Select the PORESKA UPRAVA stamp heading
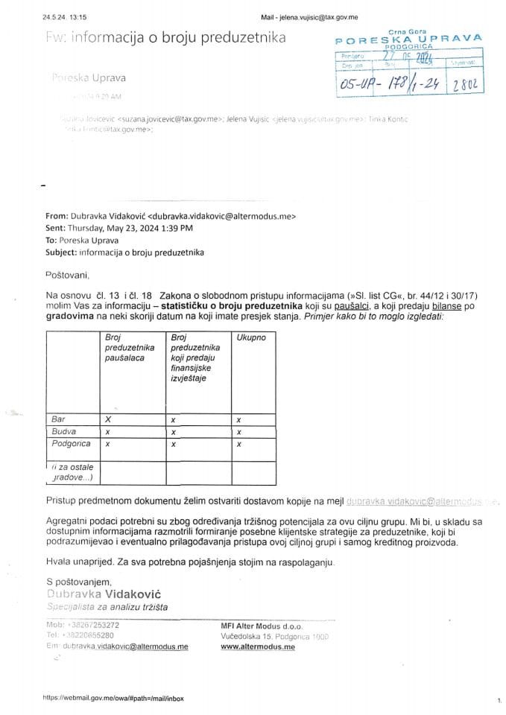tap(409, 37)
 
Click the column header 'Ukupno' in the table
tap(251, 338)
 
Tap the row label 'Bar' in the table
tap(57, 419)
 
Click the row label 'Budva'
tap(63, 431)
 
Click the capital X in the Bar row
tap(109, 419)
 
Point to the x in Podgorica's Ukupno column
tap(238, 444)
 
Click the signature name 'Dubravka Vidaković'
tap(107, 594)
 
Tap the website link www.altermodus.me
tap(258, 648)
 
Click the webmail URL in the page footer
tap(113, 699)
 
